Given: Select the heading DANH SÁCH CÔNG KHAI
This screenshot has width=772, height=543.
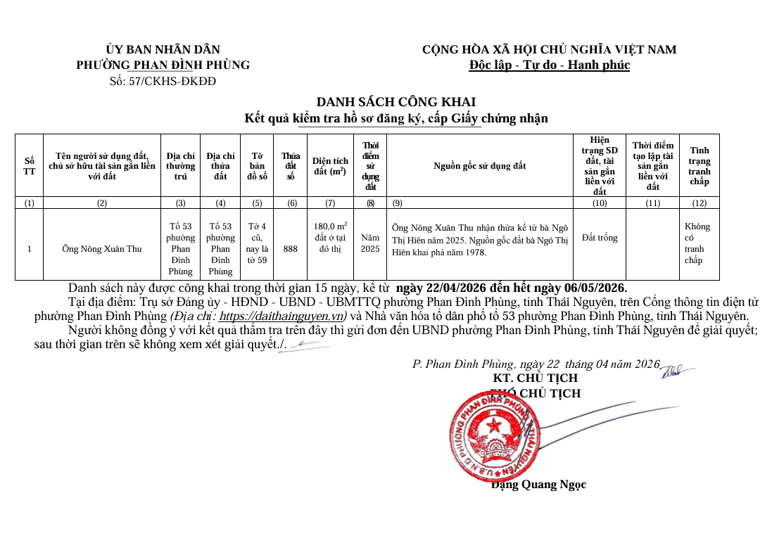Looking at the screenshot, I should (396, 103).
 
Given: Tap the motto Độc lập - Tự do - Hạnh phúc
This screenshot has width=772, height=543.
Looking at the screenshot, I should (549, 65).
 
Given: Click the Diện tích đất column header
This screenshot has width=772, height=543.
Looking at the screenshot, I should (330, 166).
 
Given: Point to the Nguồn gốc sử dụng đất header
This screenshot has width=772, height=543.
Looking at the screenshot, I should (479, 166).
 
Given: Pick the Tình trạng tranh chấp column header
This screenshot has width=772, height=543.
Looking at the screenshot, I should (699, 166).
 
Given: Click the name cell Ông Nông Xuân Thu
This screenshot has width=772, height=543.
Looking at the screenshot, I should (102, 249).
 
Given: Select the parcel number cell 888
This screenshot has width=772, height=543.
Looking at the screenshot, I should (290, 249).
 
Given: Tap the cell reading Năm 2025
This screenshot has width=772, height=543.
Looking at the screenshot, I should (370, 243).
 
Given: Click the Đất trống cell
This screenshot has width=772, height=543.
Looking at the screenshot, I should (600, 238).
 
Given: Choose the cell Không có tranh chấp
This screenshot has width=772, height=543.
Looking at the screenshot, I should (697, 243).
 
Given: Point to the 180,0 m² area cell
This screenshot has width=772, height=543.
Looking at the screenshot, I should (330, 238).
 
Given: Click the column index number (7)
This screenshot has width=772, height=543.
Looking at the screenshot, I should (330, 203).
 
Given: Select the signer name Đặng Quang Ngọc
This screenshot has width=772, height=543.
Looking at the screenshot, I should (538, 485).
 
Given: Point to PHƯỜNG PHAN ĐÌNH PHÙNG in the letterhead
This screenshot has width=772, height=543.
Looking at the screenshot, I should (163, 65).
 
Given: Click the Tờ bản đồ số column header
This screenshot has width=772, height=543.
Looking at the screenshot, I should (257, 166).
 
